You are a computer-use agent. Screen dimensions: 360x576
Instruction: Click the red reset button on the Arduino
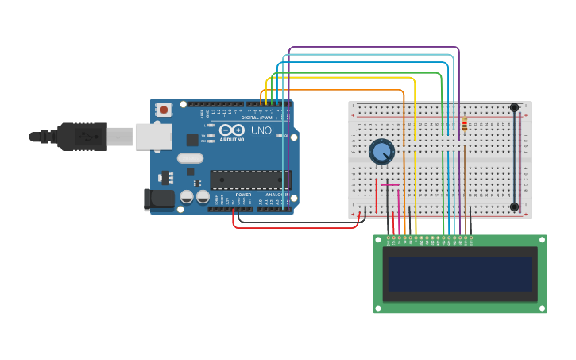(164, 110)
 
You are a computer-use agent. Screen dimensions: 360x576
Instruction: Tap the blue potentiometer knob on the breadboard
(381, 151)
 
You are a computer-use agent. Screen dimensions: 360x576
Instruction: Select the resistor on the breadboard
(464, 124)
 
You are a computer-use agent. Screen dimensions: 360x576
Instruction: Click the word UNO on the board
(261, 130)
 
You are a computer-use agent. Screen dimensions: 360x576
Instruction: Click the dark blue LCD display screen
(459, 273)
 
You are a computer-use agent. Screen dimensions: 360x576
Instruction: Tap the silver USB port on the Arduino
(153, 137)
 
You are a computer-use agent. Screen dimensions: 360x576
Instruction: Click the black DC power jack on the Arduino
(158, 199)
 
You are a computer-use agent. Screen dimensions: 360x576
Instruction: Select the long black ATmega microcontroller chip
(250, 180)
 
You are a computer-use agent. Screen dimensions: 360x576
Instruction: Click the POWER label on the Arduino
(243, 195)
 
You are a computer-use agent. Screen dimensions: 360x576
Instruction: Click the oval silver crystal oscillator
(191, 158)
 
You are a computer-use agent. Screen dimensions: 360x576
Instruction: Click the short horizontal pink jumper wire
(389, 185)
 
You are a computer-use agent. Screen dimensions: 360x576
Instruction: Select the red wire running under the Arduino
(294, 227)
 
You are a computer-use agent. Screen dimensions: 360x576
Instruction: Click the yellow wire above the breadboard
(358, 79)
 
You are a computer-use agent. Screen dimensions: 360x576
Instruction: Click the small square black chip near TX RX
(192, 140)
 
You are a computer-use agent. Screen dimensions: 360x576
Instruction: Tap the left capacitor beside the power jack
(187, 195)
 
